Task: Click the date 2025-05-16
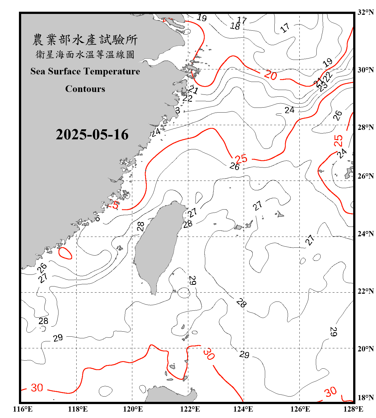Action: [x=92, y=135]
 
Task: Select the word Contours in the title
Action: [x=85, y=89]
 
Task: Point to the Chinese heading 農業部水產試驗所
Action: [x=85, y=40]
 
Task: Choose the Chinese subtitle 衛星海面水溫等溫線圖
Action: [x=85, y=54]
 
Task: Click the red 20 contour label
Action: [x=270, y=75]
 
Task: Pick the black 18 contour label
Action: [x=235, y=26]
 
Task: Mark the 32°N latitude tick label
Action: [x=365, y=12]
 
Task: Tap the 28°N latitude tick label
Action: [x=365, y=127]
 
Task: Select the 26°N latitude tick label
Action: [x=365, y=176]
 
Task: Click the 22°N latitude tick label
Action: [x=365, y=291]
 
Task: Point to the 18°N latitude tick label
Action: [x=365, y=397]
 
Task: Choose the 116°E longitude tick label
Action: [x=23, y=409]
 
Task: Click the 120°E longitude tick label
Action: [x=133, y=409]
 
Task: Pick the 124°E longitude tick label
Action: [x=243, y=409]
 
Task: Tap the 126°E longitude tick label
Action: [x=300, y=409]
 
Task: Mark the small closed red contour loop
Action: [x=65, y=253]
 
